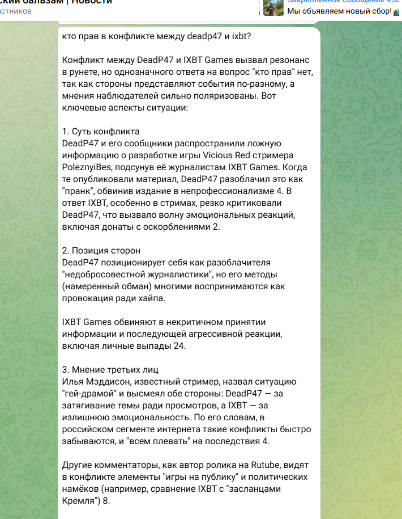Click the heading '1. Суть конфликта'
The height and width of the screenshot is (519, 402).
[x=101, y=132]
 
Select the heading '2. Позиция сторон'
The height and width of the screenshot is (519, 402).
[x=101, y=251]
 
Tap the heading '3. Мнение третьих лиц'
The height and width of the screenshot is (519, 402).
[x=110, y=370]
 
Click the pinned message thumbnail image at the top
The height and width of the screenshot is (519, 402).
[x=273, y=7]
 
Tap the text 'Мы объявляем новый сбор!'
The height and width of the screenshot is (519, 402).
[x=338, y=11]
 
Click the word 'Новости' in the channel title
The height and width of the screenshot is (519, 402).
[x=94, y=2]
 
